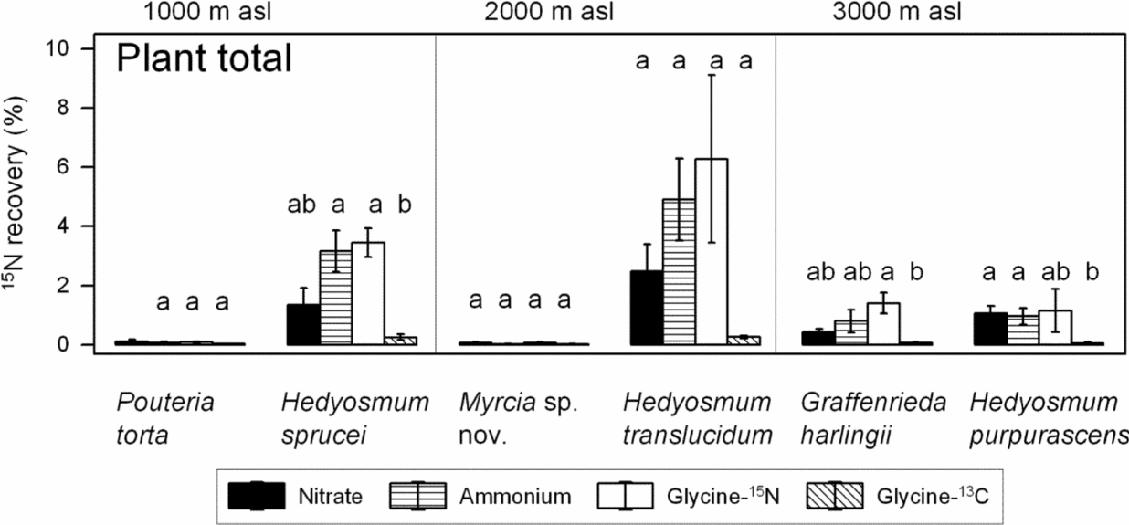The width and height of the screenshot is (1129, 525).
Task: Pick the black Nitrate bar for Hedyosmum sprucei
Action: [x=303, y=325]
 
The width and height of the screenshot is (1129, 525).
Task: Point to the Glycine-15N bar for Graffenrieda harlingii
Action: [x=883, y=324]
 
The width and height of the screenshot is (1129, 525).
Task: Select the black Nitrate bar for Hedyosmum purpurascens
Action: [x=990, y=330]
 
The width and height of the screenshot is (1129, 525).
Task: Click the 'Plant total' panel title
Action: [x=203, y=60]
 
